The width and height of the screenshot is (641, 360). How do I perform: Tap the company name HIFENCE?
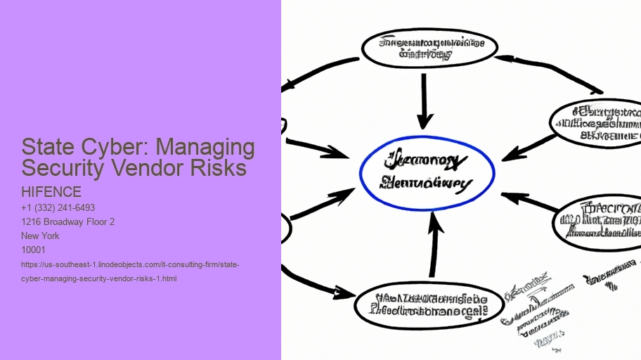pos(51,192)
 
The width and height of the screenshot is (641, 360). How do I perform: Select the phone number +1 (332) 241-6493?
pos(58,208)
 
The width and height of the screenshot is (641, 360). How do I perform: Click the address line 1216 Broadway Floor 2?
pos(67,222)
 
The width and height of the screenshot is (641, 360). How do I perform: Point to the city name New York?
pos(40,236)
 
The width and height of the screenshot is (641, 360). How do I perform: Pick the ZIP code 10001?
pos(33,250)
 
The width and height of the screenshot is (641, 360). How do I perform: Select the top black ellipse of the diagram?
pos(429,48)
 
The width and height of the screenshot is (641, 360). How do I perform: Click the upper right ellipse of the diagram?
pos(598,123)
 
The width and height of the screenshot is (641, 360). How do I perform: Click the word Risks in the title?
pos(226,168)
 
